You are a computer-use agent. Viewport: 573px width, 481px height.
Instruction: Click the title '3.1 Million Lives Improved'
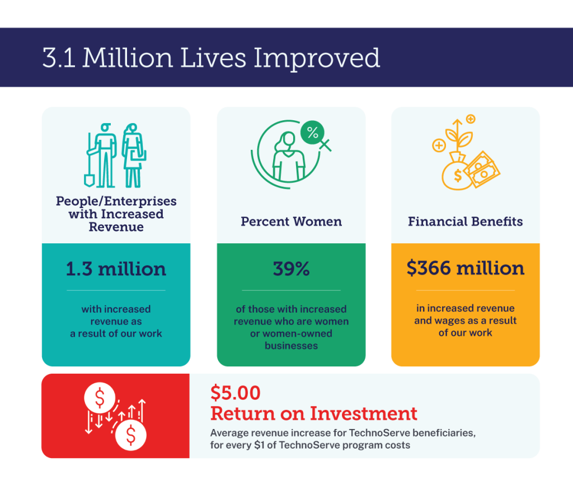pyautogui.click(x=211, y=58)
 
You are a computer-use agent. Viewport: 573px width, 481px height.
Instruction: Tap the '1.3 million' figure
pyautogui.click(x=116, y=269)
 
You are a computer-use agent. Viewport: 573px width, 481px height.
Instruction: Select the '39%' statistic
pyautogui.click(x=291, y=269)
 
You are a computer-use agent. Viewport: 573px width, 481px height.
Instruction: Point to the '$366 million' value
pyautogui.click(x=466, y=268)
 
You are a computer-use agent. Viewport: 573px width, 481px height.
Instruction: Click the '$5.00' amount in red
pyautogui.click(x=236, y=393)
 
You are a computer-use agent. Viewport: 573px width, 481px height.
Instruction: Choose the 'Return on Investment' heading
pyautogui.click(x=314, y=414)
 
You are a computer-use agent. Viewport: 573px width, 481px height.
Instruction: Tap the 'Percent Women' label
pyautogui.click(x=291, y=221)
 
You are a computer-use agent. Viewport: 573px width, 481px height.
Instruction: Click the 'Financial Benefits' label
pyautogui.click(x=466, y=221)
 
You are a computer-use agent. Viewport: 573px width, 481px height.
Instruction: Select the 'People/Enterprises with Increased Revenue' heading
pyautogui.click(x=116, y=214)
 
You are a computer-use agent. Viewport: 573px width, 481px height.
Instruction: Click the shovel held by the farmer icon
pyautogui.click(x=88, y=168)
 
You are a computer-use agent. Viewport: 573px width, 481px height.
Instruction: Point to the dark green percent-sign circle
pyautogui.click(x=312, y=133)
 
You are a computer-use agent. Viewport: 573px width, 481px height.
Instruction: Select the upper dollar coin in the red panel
pyautogui.click(x=100, y=399)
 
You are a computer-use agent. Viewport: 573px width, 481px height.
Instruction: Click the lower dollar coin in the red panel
pyautogui.click(x=131, y=435)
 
